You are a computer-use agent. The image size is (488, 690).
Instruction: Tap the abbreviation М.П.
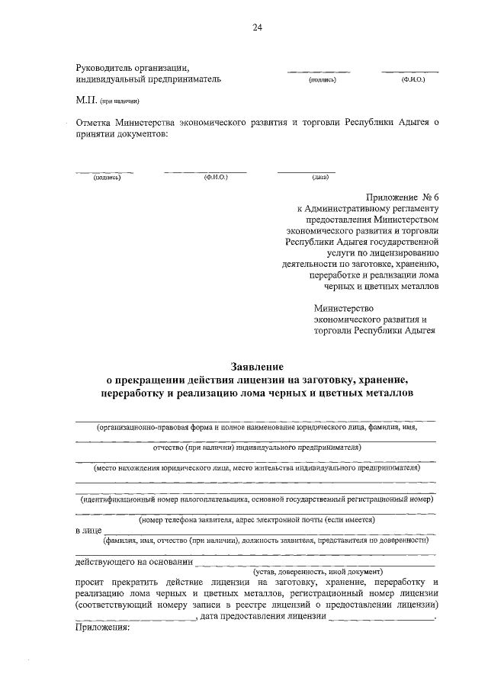[82, 100]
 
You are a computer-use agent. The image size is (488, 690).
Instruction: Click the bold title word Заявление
[256, 367]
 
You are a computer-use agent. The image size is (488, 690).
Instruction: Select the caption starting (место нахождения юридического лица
[257, 467]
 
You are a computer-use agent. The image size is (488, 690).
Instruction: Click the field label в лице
[88, 531]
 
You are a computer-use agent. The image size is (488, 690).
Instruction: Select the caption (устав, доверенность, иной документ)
[317, 571]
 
